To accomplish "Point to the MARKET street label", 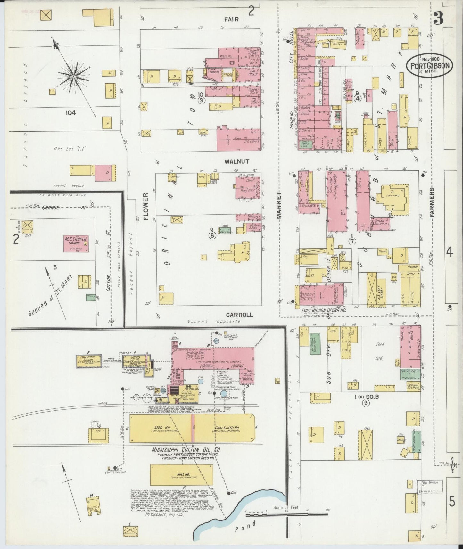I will (279, 205).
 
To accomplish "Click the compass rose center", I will (74, 77).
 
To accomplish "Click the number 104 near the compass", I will (70, 112).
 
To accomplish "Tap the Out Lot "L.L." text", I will (71, 149).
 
